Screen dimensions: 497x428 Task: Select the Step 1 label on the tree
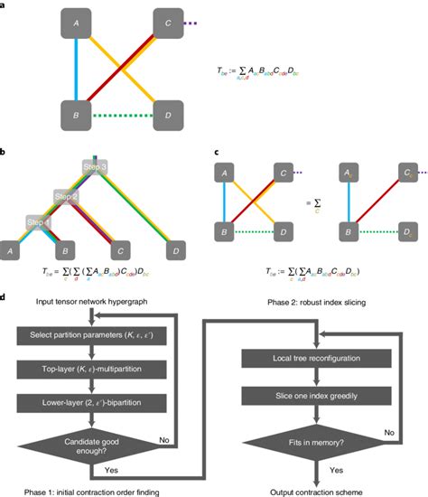[39, 222]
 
